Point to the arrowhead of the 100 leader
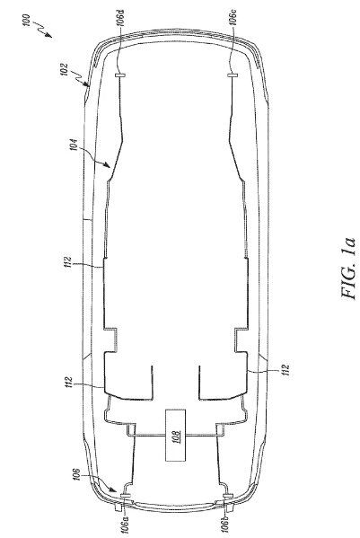49,35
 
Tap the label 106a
126,524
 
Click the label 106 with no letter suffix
78,474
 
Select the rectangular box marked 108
176,435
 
